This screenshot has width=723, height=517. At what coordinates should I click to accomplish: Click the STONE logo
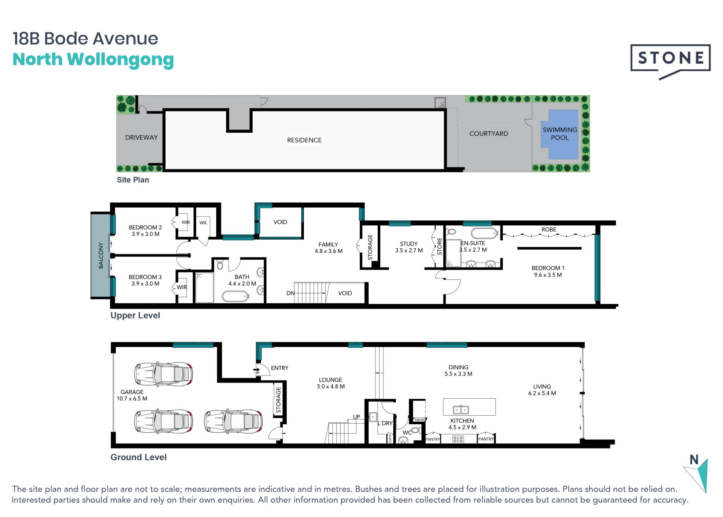pos(670,60)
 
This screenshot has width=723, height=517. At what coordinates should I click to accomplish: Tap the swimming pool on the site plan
pos(560,134)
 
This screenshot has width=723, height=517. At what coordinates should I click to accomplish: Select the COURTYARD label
pos(488,134)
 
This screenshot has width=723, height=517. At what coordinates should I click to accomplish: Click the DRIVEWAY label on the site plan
pos(141,138)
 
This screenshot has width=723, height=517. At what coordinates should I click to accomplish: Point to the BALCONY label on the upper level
pos(101,255)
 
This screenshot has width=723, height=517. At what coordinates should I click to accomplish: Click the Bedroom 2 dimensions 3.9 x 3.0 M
pos(145,234)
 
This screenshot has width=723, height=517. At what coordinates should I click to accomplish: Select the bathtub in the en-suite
pos(484,233)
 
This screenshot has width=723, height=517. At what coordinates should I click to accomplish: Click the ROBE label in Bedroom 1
pos(549,229)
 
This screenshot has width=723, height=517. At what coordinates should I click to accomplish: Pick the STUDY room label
pos(409,244)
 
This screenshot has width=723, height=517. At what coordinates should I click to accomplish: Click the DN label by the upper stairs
pos(290,293)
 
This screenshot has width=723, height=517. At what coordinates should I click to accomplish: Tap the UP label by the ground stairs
pos(356,417)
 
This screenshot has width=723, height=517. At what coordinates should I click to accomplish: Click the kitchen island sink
pos(460,409)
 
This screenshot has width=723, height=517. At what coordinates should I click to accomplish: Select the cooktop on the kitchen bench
pos(458,439)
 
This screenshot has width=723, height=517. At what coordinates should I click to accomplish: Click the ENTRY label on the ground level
pos(279,368)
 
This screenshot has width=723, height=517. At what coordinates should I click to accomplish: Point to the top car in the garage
pos(163,374)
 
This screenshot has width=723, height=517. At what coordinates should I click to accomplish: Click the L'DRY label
pos(385,423)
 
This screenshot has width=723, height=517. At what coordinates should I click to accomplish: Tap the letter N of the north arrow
pos(694,460)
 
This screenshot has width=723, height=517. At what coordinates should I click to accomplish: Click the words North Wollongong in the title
pos(93,60)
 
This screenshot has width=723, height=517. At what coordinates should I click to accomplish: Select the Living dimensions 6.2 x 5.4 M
pos(542,393)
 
